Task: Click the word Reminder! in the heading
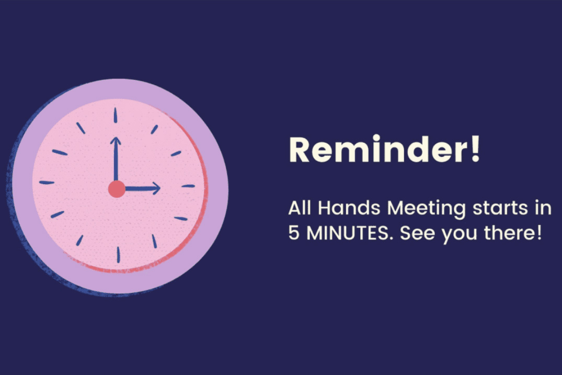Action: pos(384,149)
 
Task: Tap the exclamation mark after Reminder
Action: pos(475,149)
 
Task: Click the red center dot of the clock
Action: pos(117,189)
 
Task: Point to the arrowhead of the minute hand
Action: pos(116,141)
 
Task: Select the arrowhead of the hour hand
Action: pos(156,188)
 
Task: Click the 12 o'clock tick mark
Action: pos(116,115)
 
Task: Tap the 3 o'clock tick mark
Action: pos(188,186)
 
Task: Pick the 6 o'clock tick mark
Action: pos(118,255)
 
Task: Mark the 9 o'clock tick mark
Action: pos(47,183)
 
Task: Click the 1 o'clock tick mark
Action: pos(154,129)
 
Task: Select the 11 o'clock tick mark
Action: pos(81,128)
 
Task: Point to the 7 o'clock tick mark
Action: pos(79,240)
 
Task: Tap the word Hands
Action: pos(349,208)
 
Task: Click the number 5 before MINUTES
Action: pos(293,233)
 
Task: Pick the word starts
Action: pos(500,208)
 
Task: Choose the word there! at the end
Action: pos(512,233)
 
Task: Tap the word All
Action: pos(299,208)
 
